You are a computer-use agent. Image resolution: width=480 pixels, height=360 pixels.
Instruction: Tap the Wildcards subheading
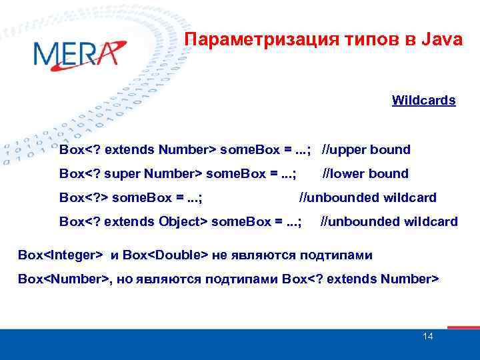(x=424, y=101)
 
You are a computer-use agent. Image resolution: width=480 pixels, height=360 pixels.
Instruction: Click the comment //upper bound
(x=366, y=149)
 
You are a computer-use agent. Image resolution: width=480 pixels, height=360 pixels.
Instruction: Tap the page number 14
(x=428, y=336)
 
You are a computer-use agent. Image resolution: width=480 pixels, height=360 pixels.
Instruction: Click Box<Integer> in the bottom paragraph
(x=61, y=255)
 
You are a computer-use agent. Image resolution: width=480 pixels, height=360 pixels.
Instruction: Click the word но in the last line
(x=125, y=279)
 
